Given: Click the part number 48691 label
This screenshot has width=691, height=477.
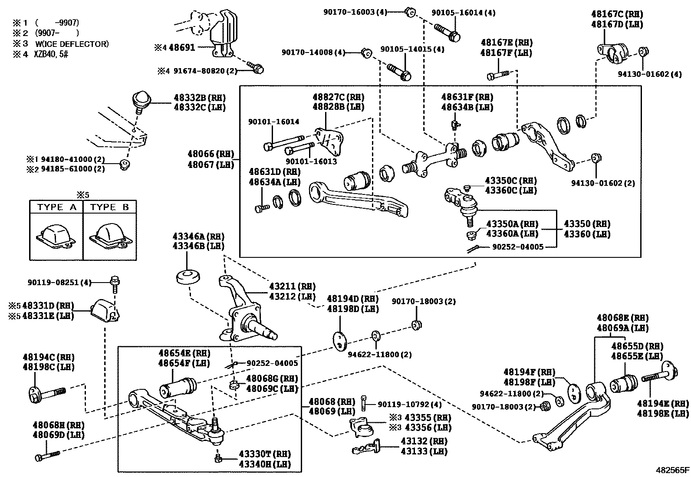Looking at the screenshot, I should pos(181,47).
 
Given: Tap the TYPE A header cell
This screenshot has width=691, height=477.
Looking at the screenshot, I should pos(56,207).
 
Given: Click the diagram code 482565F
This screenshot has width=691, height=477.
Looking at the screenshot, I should pos(672,470).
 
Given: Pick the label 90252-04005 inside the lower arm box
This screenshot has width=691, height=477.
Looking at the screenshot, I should pos(272,363).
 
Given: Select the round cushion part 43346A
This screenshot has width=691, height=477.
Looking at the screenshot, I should pos(188,277).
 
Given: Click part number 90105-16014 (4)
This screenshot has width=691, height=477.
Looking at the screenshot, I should pos(463,13).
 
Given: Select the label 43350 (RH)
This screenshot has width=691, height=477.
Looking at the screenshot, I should pos(587,224).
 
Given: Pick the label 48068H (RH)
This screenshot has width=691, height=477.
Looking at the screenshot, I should pos(58,425).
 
